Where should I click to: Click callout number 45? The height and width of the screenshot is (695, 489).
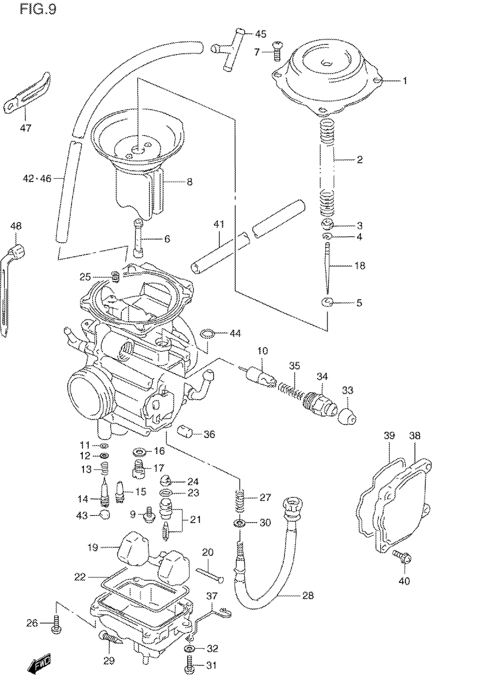261,34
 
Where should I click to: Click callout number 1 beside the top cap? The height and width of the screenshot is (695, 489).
404,81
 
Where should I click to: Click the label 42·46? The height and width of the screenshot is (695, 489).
37,179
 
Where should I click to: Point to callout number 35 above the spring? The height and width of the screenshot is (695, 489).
295,366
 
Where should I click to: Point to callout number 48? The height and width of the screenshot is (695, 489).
16,226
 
